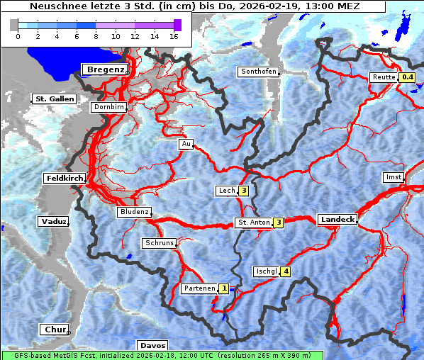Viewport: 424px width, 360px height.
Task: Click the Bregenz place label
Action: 106,69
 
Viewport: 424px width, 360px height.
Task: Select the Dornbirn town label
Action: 109,107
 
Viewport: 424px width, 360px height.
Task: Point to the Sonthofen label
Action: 258,72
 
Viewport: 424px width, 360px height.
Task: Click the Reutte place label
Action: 383,77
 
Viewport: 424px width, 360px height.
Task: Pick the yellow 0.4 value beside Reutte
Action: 407,77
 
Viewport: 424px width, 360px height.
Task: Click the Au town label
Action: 186,144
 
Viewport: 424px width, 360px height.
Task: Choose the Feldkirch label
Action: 64,178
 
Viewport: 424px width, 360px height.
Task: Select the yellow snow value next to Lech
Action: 243,191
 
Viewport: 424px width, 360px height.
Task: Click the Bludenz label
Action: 134,212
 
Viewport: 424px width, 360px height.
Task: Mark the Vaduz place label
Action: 53,222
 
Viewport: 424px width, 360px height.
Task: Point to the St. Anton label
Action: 253,223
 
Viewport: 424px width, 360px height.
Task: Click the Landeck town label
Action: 337,220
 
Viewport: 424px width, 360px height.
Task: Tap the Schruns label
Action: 159,243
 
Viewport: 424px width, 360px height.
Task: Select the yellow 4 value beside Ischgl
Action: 286,271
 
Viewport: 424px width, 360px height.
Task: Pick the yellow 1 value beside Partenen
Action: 224,288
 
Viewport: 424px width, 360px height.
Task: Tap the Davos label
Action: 152,346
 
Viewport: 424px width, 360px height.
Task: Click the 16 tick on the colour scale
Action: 174,35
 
